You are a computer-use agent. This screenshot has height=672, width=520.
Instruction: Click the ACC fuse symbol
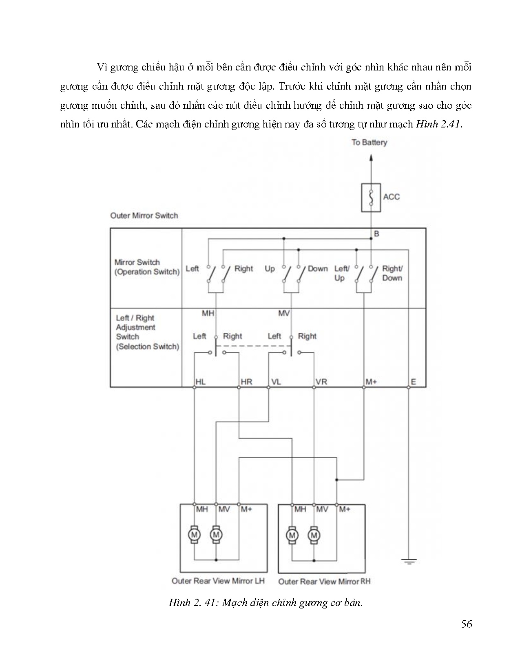[x=371, y=198]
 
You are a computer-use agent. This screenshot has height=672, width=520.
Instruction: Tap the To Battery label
[x=369, y=142]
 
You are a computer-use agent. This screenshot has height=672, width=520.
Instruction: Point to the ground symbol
[x=408, y=562]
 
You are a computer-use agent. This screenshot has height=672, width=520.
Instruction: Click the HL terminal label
[x=200, y=382]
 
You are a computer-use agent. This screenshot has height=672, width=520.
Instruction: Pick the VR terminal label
[x=321, y=382]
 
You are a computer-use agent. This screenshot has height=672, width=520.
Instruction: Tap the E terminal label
[x=413, y=382]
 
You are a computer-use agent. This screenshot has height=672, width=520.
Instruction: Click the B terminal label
[x=376, y=234]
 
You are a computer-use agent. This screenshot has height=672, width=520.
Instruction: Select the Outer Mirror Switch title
[x=144, y=215]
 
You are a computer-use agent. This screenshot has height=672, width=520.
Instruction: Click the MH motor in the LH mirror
[x=194, y=534]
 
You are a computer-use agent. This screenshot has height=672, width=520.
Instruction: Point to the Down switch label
[x=318, y=269]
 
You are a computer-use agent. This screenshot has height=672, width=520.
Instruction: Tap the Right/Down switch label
[x=392, y=273]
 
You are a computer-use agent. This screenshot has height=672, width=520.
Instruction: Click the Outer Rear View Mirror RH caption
[x=324, y=581]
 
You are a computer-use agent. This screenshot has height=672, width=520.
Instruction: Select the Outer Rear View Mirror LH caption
[x=218, y=581]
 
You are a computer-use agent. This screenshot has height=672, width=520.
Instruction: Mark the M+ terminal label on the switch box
[x=371, y=382]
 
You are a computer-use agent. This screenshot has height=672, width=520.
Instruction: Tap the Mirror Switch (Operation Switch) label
[x=146, y=267]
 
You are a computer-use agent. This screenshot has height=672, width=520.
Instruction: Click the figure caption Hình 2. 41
[x=266, y=603]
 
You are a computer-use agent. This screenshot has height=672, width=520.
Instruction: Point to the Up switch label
[x=270, y=269]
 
